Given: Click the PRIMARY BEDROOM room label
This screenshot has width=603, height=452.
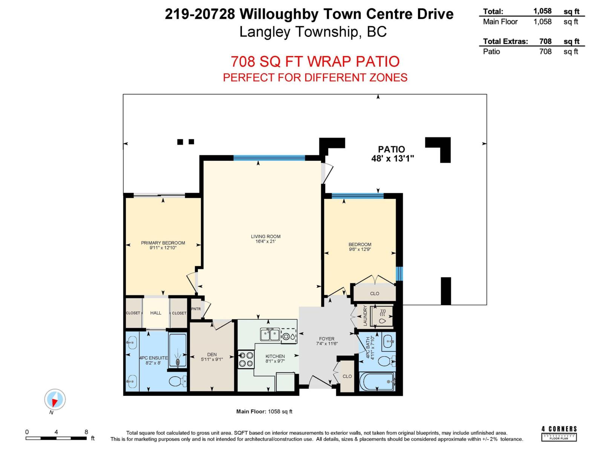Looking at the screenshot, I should coord(163,243).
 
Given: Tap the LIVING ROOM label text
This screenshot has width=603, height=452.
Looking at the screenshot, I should coord(265,237).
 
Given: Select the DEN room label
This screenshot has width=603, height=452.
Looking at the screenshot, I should coord(212,354).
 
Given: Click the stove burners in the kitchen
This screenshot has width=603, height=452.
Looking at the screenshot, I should coord(245,359).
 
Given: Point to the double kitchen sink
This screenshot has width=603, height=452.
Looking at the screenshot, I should coord(269,334).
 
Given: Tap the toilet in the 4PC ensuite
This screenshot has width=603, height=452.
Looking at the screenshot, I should coord(177,382).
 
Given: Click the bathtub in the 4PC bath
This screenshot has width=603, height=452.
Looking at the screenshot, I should coord(377,382).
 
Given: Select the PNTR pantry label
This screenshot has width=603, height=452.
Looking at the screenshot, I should coord(196,309).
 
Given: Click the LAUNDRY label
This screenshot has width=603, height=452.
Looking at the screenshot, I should coord(365,316).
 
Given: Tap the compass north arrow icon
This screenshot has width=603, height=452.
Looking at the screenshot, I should coord(55,400).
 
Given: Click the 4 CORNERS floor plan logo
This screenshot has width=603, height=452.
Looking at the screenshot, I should coord(559,433).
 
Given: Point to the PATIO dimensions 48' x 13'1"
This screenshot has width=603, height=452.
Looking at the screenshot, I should coord(392,159).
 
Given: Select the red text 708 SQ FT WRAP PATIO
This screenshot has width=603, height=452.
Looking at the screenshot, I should coord(315,61).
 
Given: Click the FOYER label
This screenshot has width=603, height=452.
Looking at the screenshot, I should coord(326,339).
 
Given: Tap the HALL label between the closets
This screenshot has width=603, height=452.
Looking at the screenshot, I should coord(156,313).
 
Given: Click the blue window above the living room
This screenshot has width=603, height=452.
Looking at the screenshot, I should coord(269,158).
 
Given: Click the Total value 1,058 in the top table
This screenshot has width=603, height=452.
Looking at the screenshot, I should coord(542,11).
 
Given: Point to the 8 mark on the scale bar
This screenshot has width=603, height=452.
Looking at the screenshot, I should coord(86,432).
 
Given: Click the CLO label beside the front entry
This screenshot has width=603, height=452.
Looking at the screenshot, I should coord(347,376).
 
